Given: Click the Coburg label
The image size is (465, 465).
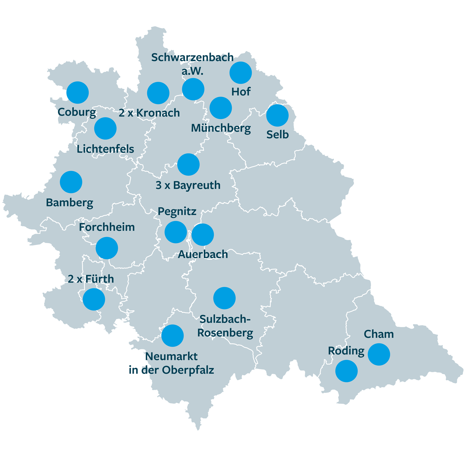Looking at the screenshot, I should [x=77, y=112].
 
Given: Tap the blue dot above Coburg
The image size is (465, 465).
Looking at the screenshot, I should [x=77, y=92].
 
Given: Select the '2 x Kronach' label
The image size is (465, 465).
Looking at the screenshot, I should [x=149, y=113].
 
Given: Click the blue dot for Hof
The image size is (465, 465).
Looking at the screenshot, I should [x=241, y=73].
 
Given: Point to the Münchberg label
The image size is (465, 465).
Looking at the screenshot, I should [x=221, y=128].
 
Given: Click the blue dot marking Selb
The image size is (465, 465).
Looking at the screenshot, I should [x=277, y=115].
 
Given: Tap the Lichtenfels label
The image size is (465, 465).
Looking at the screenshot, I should [x=105, y=149].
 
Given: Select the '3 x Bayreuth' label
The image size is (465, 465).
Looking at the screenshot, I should [x=188, y=185].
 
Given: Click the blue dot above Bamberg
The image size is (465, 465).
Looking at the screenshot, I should [x=71, y=182].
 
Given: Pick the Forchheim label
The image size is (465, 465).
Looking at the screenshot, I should [x=107, y=227].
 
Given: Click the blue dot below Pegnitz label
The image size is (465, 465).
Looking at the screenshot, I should [x=176, y=232].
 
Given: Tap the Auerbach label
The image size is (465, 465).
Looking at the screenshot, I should [x=203, y=255].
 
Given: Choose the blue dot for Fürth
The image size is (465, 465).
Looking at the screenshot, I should [x=94, y=299].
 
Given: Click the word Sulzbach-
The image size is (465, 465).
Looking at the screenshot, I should [x=225, y=319].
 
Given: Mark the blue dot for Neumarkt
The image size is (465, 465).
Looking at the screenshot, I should [x=172, y=336].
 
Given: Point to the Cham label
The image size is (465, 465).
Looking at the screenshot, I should [x=379, y=334].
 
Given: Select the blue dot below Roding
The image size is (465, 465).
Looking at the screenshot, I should [x=347, y=371].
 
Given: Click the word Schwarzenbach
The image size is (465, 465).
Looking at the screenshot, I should [x=192, y=57].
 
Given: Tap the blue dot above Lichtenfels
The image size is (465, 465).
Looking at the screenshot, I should [x=105, y=128].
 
